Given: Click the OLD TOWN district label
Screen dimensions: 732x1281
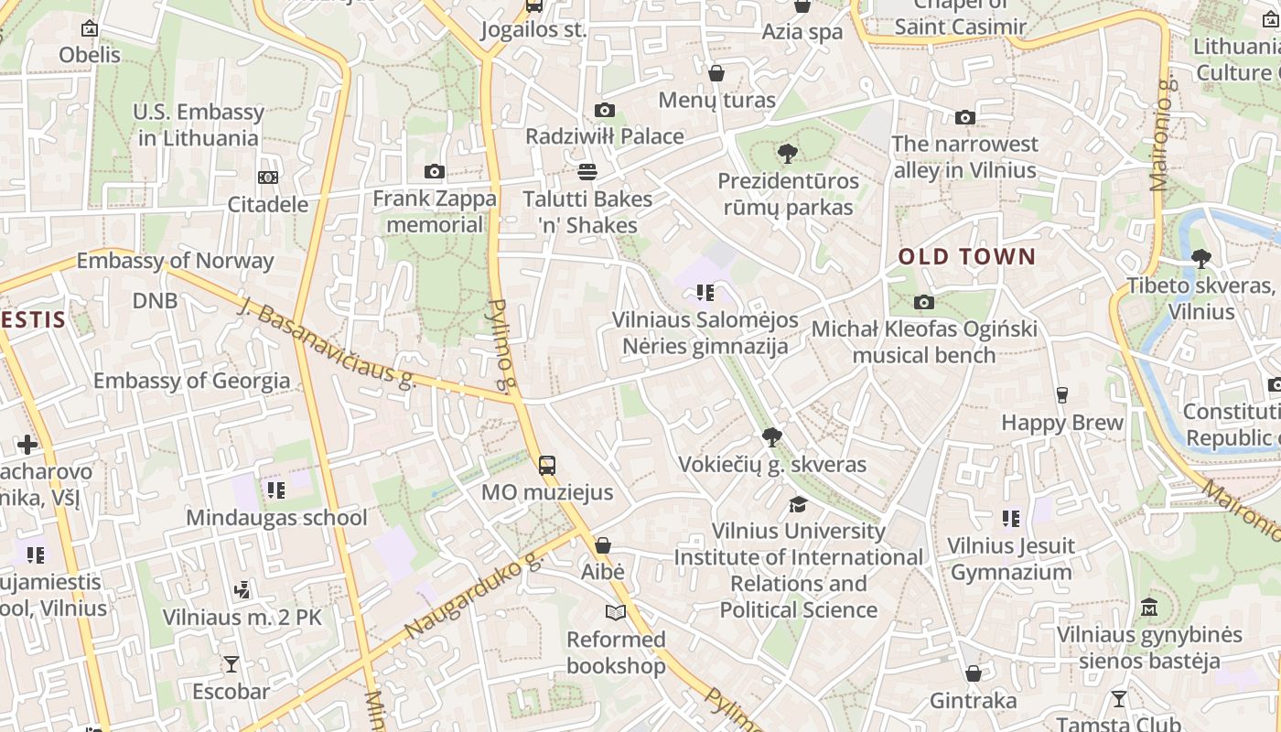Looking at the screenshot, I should [966, 257].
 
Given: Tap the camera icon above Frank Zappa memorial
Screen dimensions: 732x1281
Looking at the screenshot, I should [435, 171].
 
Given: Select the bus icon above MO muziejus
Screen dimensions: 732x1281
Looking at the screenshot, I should [546, 465].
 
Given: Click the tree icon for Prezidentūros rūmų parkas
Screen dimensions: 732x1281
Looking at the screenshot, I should [787, 154].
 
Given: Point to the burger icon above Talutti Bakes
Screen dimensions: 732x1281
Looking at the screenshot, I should [587, 171].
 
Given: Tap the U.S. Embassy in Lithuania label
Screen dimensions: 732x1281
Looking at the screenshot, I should [199, 125].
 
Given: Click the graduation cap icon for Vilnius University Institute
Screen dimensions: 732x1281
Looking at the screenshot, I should [798, 504].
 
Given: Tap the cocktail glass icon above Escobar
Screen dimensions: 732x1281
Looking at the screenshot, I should [231, 663].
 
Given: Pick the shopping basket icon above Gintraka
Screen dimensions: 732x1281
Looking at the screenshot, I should [974, 673].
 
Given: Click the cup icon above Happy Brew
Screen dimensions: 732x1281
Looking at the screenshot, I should [1061, 395].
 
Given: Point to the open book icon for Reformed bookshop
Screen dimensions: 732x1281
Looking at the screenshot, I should [616, 612].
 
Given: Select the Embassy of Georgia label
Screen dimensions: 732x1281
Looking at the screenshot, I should [191, 381].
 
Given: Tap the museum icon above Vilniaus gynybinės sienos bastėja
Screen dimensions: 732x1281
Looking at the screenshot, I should [1149, 607].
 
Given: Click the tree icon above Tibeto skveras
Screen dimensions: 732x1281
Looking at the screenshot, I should [1200, 259].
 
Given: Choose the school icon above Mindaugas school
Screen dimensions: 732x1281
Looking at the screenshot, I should [275, 490].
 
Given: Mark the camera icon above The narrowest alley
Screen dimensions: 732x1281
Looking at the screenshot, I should [964, 117].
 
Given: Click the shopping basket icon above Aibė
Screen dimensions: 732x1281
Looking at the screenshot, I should [602, 545].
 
